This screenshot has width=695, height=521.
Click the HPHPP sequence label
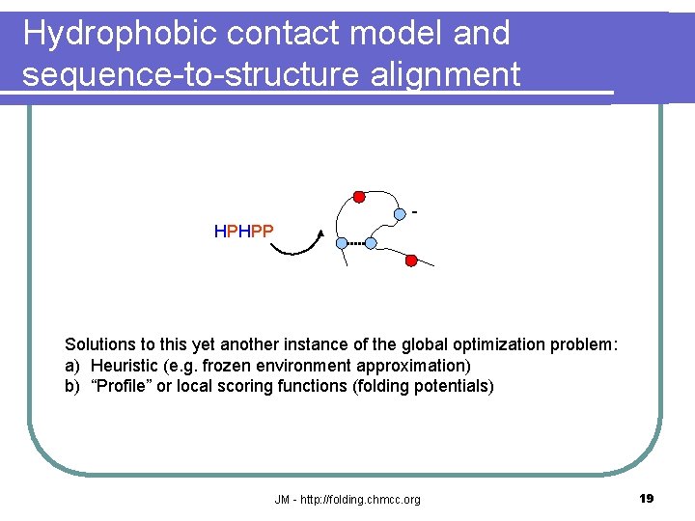[243, 232]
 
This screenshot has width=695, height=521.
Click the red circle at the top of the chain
[359, 197]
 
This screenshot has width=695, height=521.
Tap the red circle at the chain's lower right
[411, 260]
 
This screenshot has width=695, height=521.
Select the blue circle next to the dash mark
[400, 213]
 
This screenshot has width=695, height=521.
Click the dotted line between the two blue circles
[356, 244]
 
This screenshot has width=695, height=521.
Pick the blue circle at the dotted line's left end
[342, 243]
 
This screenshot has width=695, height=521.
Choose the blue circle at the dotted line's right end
[371, 244]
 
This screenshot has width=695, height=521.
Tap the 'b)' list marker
[72, 387]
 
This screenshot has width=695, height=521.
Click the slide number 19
[647, 498]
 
